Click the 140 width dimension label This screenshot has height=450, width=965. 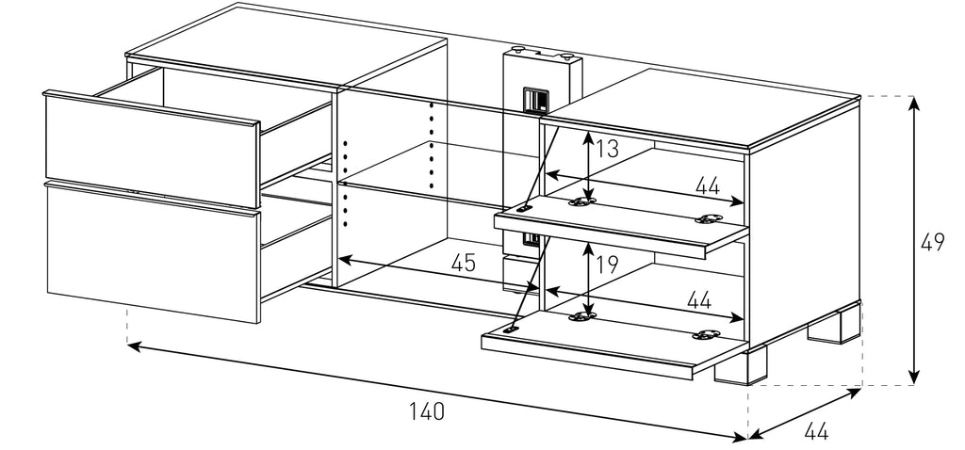coord(426,411)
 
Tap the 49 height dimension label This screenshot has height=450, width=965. coord(933,243)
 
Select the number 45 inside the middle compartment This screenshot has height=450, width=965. coord(462,264)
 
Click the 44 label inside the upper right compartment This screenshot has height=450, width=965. coord(708,186)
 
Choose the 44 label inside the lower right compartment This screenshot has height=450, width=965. coord(698,301)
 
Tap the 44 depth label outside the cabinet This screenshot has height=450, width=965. coord(816,433)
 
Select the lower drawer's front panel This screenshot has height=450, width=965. coord(151,249)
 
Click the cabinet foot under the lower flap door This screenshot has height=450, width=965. coord(740,368)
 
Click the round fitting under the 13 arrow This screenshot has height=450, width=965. coord(588,200)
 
